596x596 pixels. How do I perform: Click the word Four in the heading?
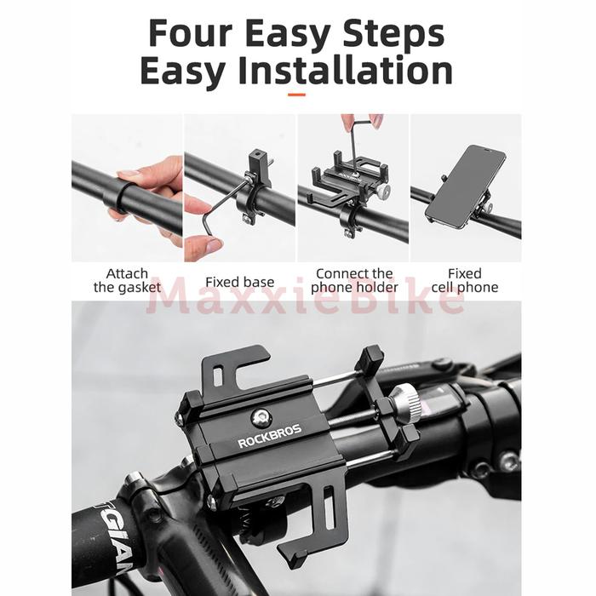190,33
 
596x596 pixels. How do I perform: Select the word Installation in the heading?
346,71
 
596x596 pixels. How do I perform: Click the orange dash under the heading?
297,95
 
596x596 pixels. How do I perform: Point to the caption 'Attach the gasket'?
127,280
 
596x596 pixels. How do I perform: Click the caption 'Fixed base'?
240,282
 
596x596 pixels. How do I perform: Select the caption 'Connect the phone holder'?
354,280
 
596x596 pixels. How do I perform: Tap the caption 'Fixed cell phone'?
465,280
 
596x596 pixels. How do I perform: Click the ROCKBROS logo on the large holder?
270,436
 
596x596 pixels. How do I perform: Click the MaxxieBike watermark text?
305,301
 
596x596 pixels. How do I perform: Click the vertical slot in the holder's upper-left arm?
217,376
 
